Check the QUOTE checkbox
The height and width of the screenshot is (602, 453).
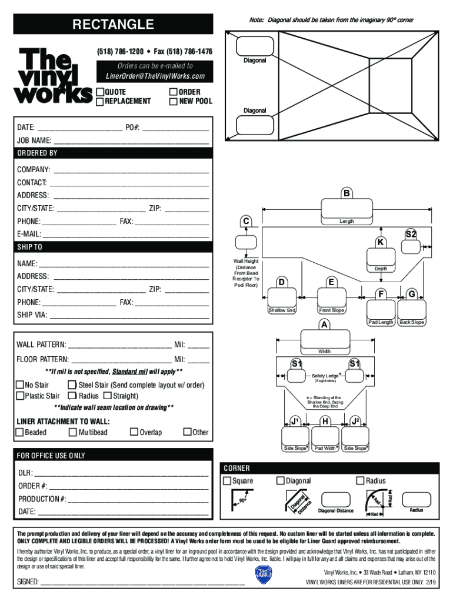pyautogui.click(x=100, y=92)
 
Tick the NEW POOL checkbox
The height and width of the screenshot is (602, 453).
pyautogui.click(x=173, y=101)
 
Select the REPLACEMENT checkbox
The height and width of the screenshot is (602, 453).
pyautogui.click(x=100, y=101)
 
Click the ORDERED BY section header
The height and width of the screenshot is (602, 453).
pyautogui.click(x=112, y=153)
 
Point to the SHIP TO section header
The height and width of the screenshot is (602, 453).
pyautogui.click(x=112, y=247)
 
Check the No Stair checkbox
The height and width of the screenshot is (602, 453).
pyautogui.click(x=20, y=385)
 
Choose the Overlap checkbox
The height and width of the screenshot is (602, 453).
pyautogui.click(x=134, y=432)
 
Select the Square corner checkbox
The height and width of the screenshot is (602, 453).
pyautogui.click(x=227, y=481)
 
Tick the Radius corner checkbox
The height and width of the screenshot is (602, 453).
pyautogui.click(x=361, y=481)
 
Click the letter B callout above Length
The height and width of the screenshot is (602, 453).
pyautogui.click(x=347, y=193)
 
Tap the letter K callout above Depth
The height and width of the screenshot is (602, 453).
pyautogui.click(x=381, y=242)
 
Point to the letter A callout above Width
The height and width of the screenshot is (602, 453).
pyautogui.click(x=324, y=325)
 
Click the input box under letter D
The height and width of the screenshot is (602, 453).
pyautogui.click(x=282, y=297)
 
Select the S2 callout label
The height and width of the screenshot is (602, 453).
pyautogui.click(x=411, y=235)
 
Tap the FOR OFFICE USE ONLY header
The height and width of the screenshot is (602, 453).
pyautogui.click(x=112, y=456)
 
